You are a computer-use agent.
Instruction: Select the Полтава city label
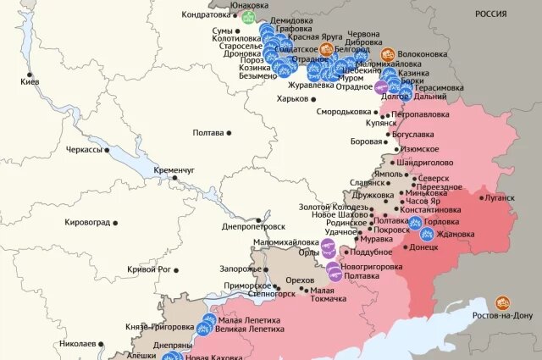tap(208, 132)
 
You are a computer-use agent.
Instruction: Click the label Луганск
tap(497, 197)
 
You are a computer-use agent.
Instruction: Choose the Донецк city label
tap(423, 247)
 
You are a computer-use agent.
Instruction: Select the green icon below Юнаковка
tap(248, 18)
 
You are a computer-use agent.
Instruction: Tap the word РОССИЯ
tap(489, 14)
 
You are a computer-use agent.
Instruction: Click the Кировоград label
tap(86, 223)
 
